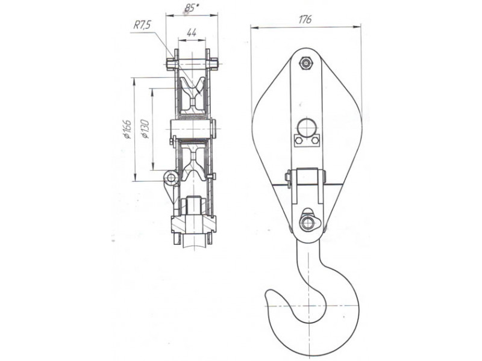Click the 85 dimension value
tap(189, 8)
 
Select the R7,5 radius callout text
tap(142, 25)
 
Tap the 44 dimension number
tap(192, 32)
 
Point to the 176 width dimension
tap(305, 19)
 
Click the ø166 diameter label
tap(128, 129)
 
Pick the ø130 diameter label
tap(145, 129)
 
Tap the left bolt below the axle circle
tap(298, 141)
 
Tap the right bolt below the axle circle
tap(315, 141)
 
